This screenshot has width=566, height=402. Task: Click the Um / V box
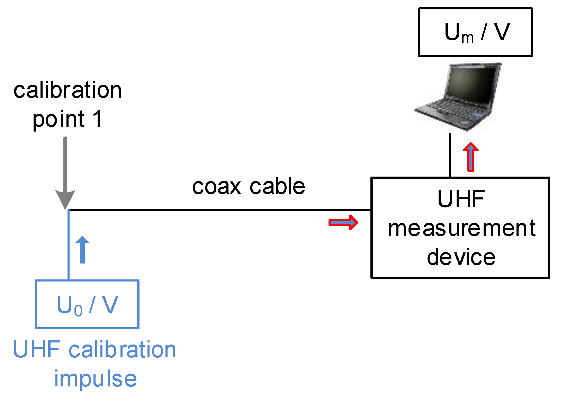click(475, 32)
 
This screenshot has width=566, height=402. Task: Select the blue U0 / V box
click(87, 304)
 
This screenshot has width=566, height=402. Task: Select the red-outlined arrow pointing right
click(343, 222)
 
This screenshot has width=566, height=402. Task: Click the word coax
click(216, 187)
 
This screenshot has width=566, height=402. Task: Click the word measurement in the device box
click(461, 229)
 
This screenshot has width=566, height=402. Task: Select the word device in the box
click(461, 257)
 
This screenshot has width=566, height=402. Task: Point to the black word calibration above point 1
click(68, 90)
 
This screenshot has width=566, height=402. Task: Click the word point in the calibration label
click(58, 119)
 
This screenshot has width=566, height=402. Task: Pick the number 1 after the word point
click(97, 119)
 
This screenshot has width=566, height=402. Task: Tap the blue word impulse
click(95, 379)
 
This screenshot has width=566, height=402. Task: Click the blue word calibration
click(122, 350)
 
